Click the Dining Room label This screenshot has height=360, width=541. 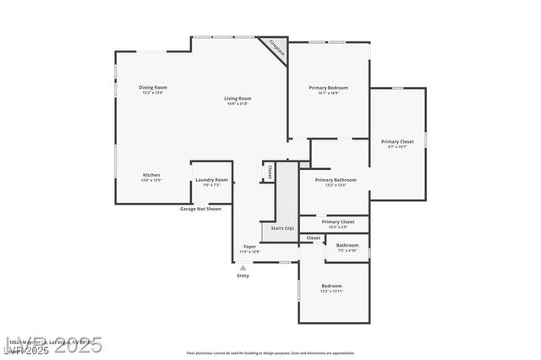(x=153, y=88)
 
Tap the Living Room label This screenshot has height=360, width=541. (x=238, y=99)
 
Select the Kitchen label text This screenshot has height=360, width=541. (x=150, y=174)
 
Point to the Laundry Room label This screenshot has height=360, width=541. (x=211, y=179)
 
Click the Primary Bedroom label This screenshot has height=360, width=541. (x=328, y=88)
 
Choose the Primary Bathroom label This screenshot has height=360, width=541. (x=336, y=180)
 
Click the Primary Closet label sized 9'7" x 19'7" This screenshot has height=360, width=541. (x=397, y=142)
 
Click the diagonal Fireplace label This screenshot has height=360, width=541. (x=277, y=48)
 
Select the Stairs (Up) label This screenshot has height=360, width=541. (x=282, y=228)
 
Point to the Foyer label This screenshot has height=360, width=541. (x=249, y=247)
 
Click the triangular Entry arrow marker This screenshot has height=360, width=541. (x=243, y=267)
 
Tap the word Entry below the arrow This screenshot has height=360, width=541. (x=243, y=275)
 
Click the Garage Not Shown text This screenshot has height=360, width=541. (x=200, y=208)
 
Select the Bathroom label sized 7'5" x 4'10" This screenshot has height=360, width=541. (x=347, y=246)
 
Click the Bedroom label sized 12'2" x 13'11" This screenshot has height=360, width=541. (x=331, y=286)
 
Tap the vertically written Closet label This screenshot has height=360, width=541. (x=270, y=171)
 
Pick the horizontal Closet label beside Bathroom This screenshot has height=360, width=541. (x=313, y=238)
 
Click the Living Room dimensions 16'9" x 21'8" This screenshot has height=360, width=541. (x=238, y=105)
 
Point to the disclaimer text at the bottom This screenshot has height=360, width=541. (x=270, y=352)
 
